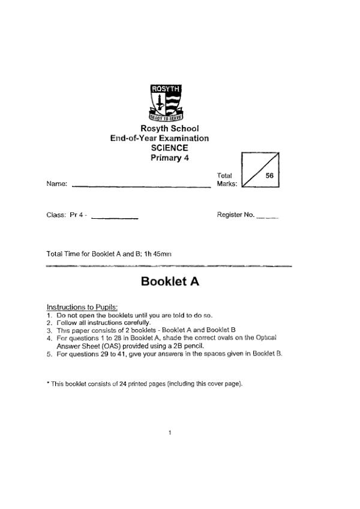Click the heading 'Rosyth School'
point(169,128)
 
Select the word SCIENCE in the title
point(169,148)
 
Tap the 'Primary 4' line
point(169,158)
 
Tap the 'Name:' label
point(56,184)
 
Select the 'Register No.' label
point(235,215)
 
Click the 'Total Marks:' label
point(227,180)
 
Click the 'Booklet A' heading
point(169,281)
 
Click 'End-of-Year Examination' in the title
point(160,138)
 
